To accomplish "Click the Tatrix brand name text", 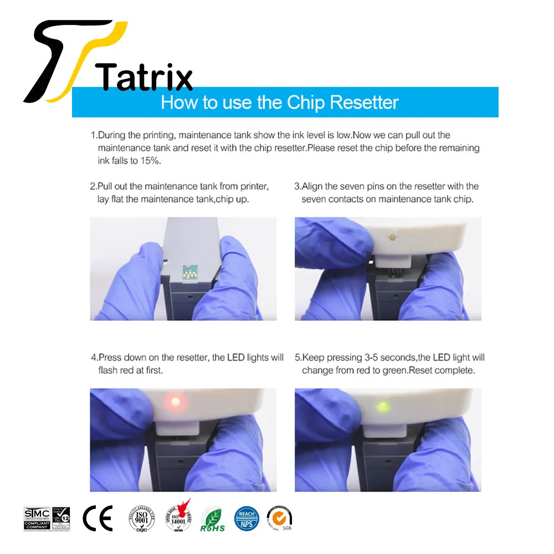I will (x=144, y=76).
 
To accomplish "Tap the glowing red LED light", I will (x=175, y=401).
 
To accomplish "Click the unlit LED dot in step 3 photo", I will (x=392, y=238).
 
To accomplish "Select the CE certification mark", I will (x=98, y=518).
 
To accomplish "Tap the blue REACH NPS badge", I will (x=247, y=518).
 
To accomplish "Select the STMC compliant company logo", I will (x=37, y=518).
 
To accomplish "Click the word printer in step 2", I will (x=255, y=186).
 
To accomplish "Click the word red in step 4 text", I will (x=127, y=370).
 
